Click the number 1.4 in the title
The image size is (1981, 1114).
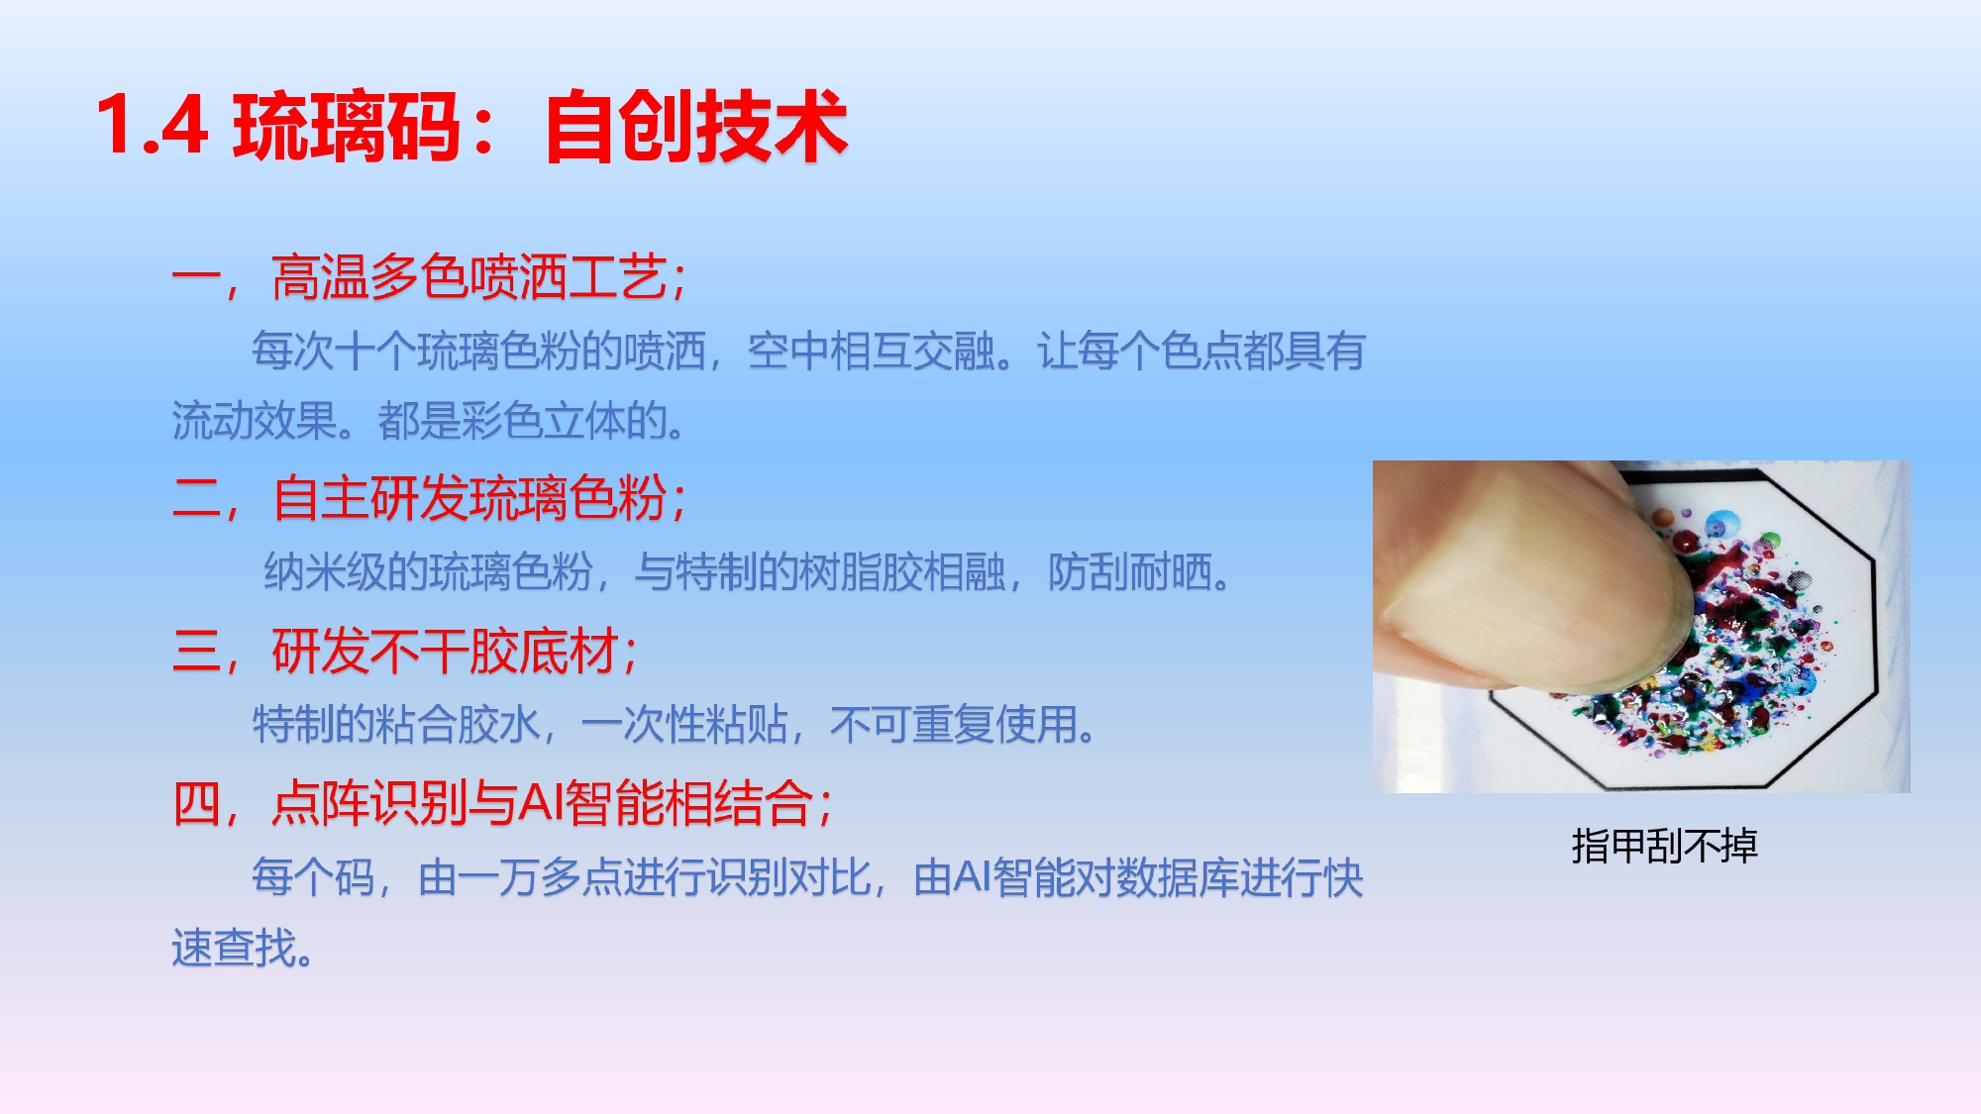click(x=152, y=126)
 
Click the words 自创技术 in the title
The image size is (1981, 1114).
click(x=696, y=126)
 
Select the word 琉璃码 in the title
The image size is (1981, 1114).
click(x=348, y=126)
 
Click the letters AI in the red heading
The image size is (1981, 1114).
click(x=541, y=803)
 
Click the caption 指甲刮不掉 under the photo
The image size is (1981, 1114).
click(x=1665, y=846)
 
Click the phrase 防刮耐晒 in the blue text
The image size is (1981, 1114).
click(x=1129, y=572)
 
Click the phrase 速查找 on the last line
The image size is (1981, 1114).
click(x=234, y=949)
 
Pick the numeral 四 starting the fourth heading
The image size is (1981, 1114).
click(x=197, y=803)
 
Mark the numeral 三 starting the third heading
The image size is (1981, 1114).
click(x=197, y=652)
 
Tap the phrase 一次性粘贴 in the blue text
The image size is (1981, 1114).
click(x=684, y=725)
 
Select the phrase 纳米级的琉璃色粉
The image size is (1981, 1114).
click(x=429, y=572)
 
